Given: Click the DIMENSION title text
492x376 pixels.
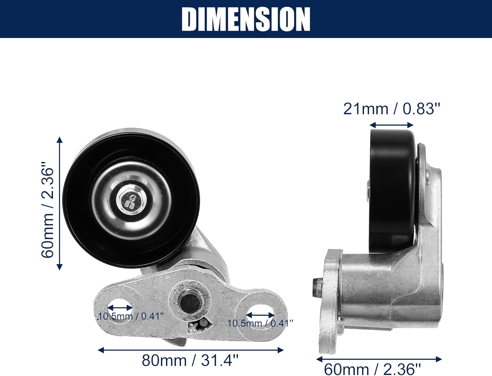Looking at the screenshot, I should click(246, 19).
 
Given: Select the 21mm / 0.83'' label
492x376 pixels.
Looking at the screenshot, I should click(391, 109).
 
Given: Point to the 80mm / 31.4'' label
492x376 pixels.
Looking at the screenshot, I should click(190, 361).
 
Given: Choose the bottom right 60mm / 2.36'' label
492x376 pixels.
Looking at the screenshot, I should click(372, 369).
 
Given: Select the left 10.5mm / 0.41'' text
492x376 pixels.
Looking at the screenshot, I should click(131, 317).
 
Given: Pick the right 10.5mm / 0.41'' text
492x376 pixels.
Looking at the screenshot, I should click(260, 323).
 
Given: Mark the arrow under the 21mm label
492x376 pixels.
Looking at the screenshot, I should click(391, 125).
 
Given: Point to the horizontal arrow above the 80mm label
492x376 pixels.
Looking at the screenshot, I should click(191, 350).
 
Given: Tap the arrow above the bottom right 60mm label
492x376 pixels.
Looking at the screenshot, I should click(379, 359).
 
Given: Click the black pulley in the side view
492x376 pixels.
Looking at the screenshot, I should click(393, 190).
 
